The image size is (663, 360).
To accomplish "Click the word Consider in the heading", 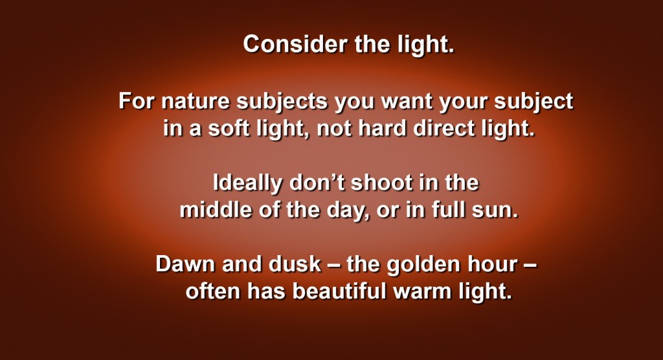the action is point(295,44).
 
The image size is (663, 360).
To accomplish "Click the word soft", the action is point(229,128).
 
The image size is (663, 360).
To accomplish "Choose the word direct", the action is point(444,128).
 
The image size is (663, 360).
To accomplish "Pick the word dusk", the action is point(295,264).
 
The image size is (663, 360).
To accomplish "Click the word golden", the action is point(423,265).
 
